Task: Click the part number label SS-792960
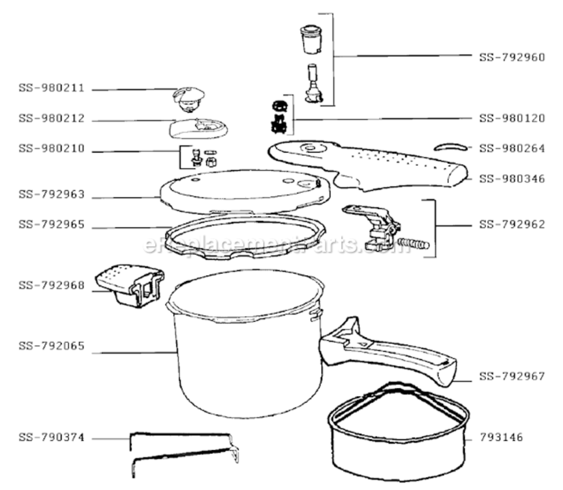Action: click(511, 57)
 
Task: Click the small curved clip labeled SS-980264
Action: click(450, 145)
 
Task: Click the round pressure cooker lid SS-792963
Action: click(241, 190)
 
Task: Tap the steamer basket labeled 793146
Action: click(398, 431)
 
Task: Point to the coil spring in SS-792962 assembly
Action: click(414, 245)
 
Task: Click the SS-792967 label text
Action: click(511, 376)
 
